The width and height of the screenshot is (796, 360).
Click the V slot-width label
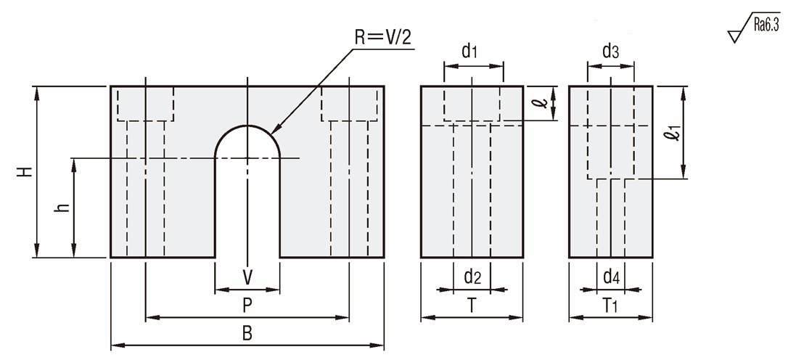[247, 277]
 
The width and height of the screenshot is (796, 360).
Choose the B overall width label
[247, 334]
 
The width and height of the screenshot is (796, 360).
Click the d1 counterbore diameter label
[470, 52]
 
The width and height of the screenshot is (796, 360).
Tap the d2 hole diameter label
[472, 277]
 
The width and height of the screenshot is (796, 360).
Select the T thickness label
[472, 306]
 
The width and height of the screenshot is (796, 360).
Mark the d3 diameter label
[611, 52]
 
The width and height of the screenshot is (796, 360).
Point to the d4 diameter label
[611, 277]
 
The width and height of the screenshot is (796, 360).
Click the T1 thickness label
[611, 306]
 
